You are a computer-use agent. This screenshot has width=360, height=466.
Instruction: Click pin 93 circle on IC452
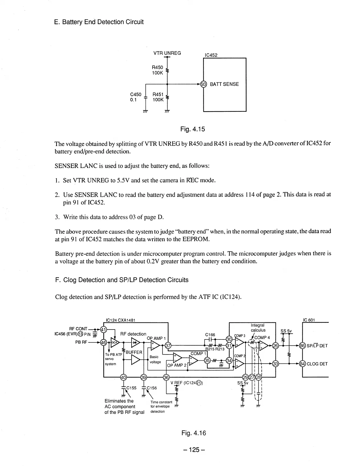click(x=203, y=84)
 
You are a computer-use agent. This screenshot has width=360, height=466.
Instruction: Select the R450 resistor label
click(x=157, y=68)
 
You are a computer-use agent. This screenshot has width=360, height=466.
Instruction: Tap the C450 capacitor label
click(x=136, y=94)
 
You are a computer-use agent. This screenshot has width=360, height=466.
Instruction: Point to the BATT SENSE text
click(x=224, y=84)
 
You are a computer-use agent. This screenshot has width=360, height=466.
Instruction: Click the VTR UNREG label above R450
click(x=167, y=53)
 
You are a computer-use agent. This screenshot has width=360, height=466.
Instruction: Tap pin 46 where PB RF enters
click(x=104, y=342)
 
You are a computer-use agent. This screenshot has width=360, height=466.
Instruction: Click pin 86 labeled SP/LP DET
click(x=303, y=346)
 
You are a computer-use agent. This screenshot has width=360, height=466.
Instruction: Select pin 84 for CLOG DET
click(x=303, y=364)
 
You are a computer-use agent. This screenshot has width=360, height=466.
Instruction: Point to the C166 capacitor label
click(x=210, y=335)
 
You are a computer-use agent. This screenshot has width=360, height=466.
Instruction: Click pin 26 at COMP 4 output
click(x=276, y=346)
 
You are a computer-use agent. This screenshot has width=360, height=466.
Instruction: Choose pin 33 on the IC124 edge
click(x=276, y=364)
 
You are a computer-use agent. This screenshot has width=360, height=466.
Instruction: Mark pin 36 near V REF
click(x=166, y=377)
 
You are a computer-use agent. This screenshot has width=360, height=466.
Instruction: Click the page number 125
click(x=193, y=450)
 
